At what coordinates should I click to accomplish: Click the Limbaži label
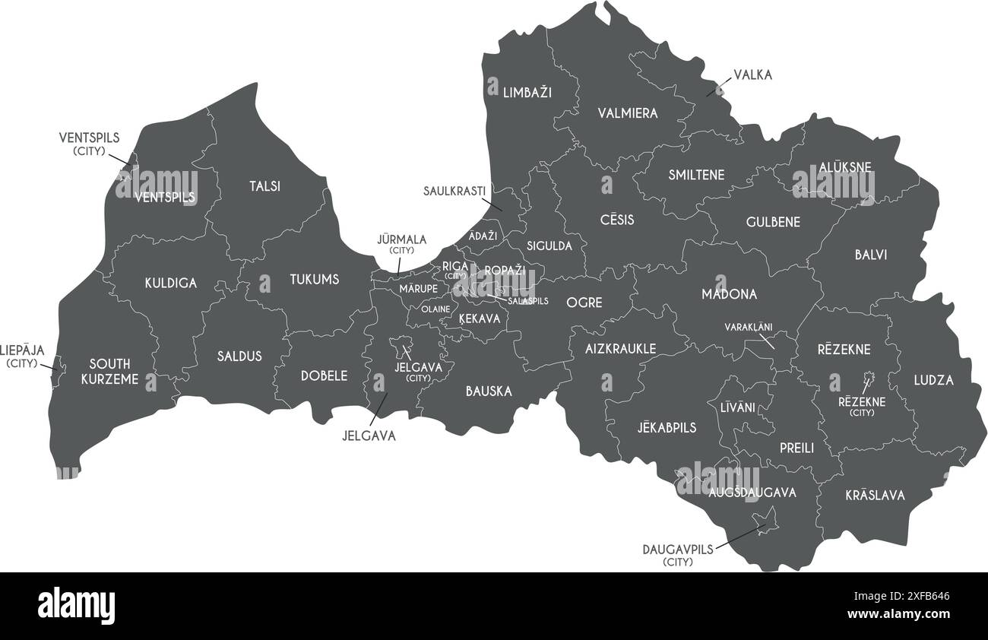pyautogui.click(x=527, y=93)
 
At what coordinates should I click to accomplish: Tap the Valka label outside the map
pyautogui.click(x=752, y=74)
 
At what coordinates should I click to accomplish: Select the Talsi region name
pyautogui.click(x=264, y=186)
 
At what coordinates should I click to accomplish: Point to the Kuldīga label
pyautogui.click(x=171, y=284)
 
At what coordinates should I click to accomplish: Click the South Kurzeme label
pyautogui.click(x=109, y=372)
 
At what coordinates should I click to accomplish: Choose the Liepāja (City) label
pyautogui.click(x=22, y=356)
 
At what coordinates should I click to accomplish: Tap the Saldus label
pyautogui.click(x=239, y=356)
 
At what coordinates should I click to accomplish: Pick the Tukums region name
pyautogui.click(x=314, y=280)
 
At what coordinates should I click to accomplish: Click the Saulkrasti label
pyautogui.click(x=454, y=191)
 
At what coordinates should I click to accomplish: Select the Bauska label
pyautogui.click(x=489, y=391)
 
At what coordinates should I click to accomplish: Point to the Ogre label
pyautogui.click(x=584, y=303)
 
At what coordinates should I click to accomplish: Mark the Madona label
pyautogui.click(x=729, y=294)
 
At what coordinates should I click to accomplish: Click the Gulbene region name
pyautogui.click(x=773, y=222)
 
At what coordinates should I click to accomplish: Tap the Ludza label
pyautogui.click(x=933, y=380)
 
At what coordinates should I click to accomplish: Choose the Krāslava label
pyautogui.click(x=875, y=496)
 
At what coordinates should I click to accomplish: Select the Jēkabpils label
pyautogui.click(x=667, y=428)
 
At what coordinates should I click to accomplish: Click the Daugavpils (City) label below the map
pyautogui.click(x=678, y=555)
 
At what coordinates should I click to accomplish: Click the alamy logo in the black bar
pyautogui.click(x=77, y=605)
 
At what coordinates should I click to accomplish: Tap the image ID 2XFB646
pyautogui.click(x=931, y=597)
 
